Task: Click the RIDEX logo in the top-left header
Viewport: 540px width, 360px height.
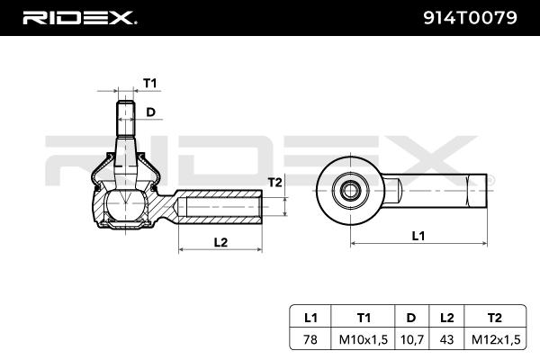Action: click(79, 17)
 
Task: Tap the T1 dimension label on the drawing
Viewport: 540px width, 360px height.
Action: click(149, 83)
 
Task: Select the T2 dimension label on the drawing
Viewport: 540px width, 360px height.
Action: click(275, 182)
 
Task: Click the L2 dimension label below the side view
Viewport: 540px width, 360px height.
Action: click(221, 241)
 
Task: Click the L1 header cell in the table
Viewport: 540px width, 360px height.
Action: click(311, 317)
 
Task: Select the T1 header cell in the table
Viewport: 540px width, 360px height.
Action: click(364, 317)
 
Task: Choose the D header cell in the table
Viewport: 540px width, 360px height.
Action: click(410, 317)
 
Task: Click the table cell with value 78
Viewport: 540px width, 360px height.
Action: click(311, 339)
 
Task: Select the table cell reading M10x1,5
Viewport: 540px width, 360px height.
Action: click(364, 339)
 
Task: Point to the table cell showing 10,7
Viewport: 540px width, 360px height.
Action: click(410, 339)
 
